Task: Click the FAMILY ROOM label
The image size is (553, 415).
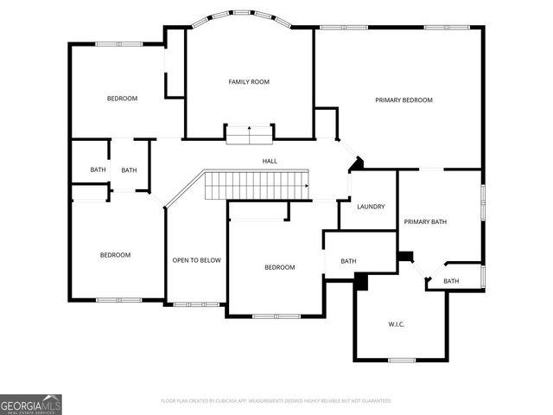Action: pos(249,82)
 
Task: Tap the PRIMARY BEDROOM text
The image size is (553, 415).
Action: pos(404,100)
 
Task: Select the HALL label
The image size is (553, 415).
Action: pos(270,161)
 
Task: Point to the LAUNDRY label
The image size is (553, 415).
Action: pos(371,207)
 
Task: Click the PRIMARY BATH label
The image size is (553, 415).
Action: pos(425,222)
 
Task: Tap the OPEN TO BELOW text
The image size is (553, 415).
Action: pos(196,260)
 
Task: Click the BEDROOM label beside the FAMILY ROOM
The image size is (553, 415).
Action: pos(122,99)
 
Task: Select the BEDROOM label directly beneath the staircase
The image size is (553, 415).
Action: pos(279,267)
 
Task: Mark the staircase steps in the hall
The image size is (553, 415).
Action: pos(256,185)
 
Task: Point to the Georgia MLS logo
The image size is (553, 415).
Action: pos(31,404)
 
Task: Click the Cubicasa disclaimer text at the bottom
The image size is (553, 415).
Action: pos(276,401)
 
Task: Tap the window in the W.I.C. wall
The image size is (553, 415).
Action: pos(402,360)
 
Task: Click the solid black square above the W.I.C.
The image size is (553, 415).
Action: pos(361,281)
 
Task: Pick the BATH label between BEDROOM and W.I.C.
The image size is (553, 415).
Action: pos(348,261)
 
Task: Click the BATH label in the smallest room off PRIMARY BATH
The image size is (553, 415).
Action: pos(451,281)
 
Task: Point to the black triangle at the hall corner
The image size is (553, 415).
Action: pos(356,163)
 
